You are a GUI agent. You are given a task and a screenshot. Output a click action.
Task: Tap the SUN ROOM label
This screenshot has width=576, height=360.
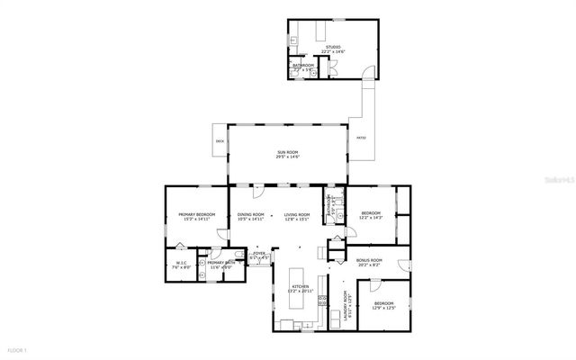click(x=288, y=153)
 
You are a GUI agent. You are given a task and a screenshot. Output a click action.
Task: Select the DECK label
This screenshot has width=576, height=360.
click(x=220, y=141)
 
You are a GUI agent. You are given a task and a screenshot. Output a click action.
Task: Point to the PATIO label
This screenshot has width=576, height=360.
click(x=361, y=138)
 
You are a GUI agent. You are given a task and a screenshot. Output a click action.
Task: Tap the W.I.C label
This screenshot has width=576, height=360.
click(x=180, y=263)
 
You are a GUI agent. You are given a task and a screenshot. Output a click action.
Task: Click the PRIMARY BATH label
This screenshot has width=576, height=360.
click(x=221, y=263)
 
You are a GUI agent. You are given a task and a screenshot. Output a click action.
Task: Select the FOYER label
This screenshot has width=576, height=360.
click(x=259, y=255)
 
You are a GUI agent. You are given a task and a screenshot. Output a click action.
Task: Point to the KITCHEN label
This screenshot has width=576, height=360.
click(x=300, y=286)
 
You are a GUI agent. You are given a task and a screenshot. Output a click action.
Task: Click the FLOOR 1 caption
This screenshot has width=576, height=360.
click(x=18, y=349)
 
